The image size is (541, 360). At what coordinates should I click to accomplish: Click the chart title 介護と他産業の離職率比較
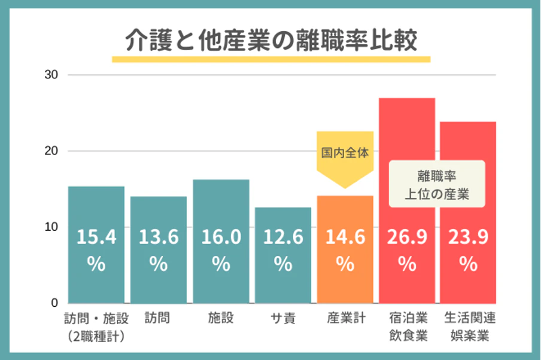coord(270,41)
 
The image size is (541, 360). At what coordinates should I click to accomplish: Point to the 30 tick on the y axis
coord(51,75)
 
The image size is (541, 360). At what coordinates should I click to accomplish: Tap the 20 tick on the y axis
coord(51,151)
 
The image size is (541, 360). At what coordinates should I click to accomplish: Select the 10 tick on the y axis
coord(51,227)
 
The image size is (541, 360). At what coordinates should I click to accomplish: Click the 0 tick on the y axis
coord(54,303)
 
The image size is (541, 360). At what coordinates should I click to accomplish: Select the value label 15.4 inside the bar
coord(96,237)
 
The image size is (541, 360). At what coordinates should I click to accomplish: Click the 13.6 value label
coord(159,237)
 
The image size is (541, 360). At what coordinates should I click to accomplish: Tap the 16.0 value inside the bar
coord(221,237)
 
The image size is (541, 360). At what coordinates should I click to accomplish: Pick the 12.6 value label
coord(283,237)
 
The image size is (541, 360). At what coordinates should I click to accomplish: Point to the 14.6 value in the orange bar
coord(345,237)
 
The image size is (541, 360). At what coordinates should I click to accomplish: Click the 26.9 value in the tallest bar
coord(407,237)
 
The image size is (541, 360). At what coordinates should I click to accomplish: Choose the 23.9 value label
coord(469,237)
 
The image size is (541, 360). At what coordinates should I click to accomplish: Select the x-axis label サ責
coord(283,318)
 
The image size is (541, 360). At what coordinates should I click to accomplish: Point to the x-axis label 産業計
coord(345,318)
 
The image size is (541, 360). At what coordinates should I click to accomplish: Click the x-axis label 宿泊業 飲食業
coord(407,327)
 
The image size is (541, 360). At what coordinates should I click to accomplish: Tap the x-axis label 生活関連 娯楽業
coord(470,327)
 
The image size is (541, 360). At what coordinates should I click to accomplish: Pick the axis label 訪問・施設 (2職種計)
coord(96,327)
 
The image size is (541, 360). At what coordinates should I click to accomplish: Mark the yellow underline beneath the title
coord(270,59)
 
